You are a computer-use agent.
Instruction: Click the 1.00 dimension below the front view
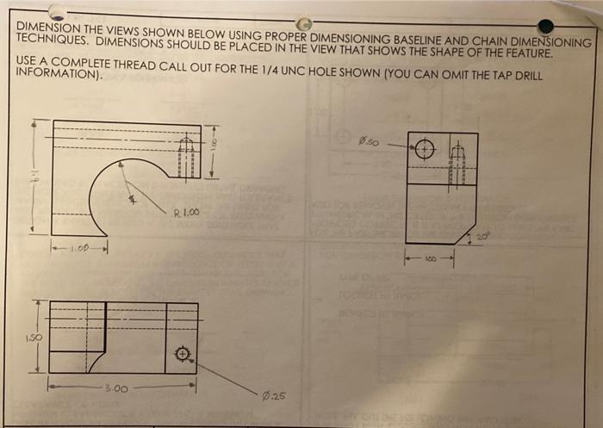[80, 250]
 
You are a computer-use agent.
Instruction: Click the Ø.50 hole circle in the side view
[425, 150]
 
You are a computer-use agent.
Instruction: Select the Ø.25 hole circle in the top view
[182, 354]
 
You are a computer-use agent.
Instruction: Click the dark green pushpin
[545, 26]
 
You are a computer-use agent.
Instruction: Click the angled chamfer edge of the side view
[466, 229]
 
